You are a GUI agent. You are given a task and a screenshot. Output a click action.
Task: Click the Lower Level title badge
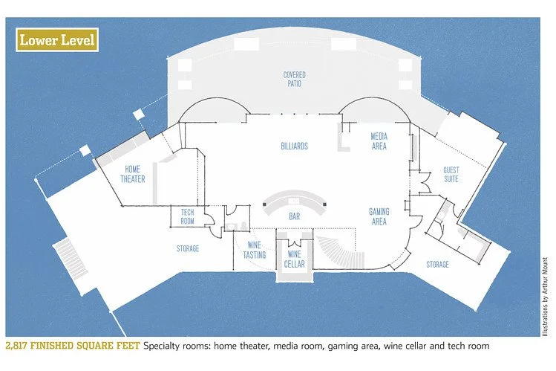(57, 40)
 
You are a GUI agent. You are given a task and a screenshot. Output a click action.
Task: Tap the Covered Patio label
(294, 80)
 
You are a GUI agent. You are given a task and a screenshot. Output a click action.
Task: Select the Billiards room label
(294, 146)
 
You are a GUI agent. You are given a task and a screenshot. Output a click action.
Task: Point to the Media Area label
(379, 141)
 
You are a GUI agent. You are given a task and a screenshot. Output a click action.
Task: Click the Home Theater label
(134, 174)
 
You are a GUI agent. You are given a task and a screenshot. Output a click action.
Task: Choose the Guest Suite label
(451, 174)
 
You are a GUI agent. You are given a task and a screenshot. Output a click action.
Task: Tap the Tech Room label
(187, 216)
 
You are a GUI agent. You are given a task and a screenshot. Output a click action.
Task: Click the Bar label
(295, 216)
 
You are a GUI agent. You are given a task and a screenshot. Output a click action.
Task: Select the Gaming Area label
(379, 216)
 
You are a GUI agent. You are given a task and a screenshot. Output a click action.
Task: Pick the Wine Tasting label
(254, 251)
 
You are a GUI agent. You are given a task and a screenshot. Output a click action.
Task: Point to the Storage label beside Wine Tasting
(188, 248)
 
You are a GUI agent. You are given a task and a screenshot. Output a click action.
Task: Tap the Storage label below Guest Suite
(437, 264)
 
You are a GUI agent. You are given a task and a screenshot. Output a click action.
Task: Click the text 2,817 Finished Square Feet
(73, 346)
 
